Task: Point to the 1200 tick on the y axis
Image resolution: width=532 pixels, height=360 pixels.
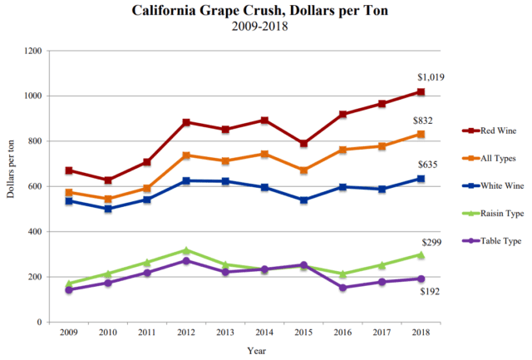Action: pos(33,51)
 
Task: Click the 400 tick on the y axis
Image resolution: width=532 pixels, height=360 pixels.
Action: pos(36,232)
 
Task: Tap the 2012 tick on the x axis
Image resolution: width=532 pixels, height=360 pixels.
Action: pos(186,333)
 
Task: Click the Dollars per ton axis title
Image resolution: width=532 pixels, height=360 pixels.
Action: pos(11,186)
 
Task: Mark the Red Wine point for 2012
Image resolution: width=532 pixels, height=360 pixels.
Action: pos(186,122)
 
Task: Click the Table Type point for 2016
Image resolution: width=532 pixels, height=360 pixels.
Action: pos(342,288)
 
